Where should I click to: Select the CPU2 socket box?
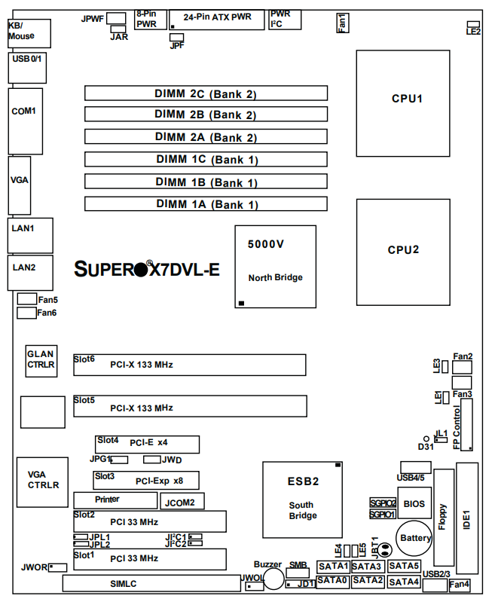(407, 249)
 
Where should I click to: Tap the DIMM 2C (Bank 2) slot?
(206, 93)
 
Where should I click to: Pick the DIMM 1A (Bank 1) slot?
(206, 203)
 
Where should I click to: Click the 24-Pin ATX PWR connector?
(217, 19)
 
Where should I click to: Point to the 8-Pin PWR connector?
(146, 19)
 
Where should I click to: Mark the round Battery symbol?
(415, 537)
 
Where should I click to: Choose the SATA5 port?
(405, 566)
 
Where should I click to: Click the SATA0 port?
(332, 581)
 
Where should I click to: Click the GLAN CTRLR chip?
(40, 359)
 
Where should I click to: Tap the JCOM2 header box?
(180, 501)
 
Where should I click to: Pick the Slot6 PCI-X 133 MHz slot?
(189, 365)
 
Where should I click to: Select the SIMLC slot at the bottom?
(151, 584)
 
